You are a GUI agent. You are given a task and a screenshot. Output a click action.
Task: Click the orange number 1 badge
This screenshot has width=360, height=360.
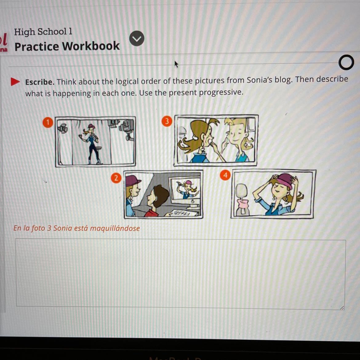(x=48, y=122)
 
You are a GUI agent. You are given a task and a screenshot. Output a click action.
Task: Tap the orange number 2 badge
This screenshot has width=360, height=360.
(x=116, y=178)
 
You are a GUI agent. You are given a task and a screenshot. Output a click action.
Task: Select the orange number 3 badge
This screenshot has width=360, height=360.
(x=167, y=121)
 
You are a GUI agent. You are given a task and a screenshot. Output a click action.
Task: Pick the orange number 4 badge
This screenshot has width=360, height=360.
(x=225, y=175)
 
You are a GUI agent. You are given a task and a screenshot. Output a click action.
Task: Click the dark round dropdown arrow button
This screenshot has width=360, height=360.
(x=137, y=38)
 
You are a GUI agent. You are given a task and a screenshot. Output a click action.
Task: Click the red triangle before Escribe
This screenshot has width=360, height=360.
(x=15, y=82)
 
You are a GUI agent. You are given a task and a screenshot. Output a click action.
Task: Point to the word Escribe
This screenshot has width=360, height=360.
(x=40, y=82)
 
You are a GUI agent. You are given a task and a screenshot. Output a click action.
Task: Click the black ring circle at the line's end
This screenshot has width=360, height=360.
(x=346, y=62)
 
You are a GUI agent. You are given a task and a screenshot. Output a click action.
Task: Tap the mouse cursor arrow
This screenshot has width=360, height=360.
(x=176, y=64)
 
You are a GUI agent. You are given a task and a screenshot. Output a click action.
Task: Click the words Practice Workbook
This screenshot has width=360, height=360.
(x=67, y=46)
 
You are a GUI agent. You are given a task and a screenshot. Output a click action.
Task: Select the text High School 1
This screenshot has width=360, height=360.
(x=43, y=32)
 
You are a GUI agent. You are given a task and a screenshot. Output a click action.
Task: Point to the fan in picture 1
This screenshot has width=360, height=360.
(x=62, y=128)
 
